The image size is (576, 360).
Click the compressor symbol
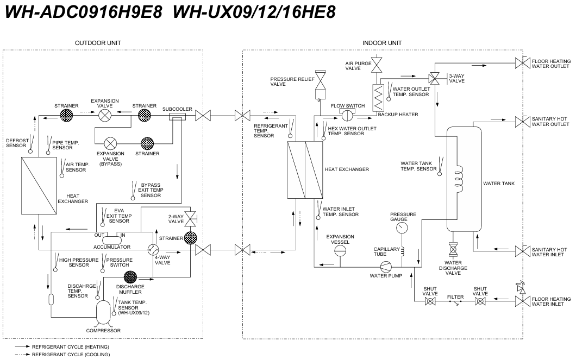click(x=103, y=312)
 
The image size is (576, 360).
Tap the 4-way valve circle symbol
click(x=153, y=250)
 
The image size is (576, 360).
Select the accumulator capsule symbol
click(x=112, y=241)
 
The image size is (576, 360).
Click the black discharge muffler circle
click(x=130, y=277)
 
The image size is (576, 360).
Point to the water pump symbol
click(x=386, y=267)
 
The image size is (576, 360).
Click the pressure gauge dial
click(x=402, y=228)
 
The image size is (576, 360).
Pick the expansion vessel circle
click(x=340, y=250)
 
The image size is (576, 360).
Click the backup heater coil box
click(x=378, y=98)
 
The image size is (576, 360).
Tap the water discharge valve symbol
click(x=453, y=250)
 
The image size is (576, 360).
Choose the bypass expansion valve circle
click(x=110, y=143)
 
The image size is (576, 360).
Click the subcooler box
click(x=178, y=117)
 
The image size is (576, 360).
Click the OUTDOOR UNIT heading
click(x=98, y=43)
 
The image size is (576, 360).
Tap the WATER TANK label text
click(x=499, y=184)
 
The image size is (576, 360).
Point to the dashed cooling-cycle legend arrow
click(x=23, y=355)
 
